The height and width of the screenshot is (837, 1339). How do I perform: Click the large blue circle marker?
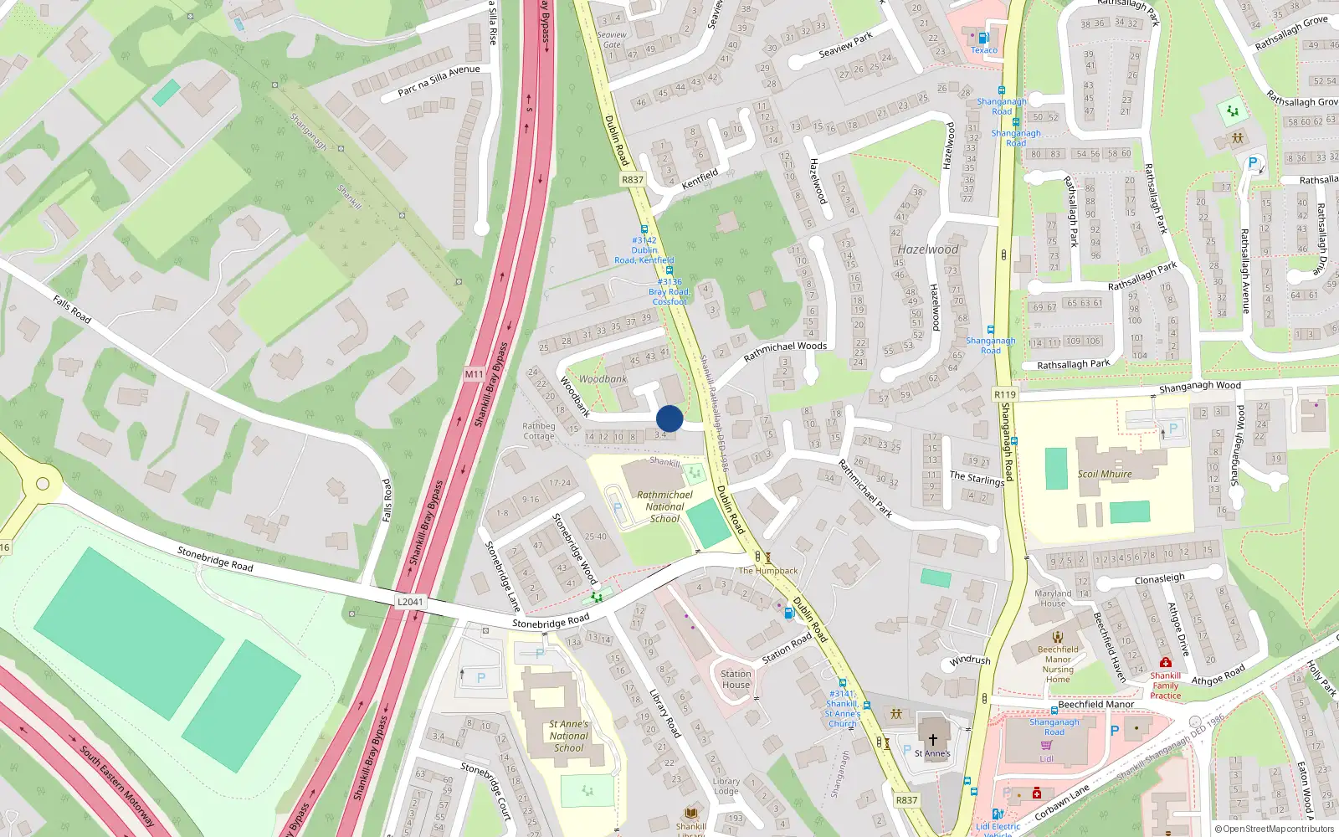pos(669,418)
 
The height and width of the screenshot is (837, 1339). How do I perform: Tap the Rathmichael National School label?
pos(664,506)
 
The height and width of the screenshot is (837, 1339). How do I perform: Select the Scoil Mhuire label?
pos(1105,474)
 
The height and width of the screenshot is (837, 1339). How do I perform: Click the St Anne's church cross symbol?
pos(932,740)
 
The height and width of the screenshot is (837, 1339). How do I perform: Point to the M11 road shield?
pos(475,374)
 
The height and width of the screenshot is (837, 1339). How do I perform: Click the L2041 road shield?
pos(410,602)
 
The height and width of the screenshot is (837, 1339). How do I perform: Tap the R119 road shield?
pos(1005,394)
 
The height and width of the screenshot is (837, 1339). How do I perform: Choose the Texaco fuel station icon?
pos(983,38)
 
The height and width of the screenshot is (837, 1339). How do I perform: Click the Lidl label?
pos(1047,759)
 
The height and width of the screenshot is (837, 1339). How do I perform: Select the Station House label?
pos(736,679)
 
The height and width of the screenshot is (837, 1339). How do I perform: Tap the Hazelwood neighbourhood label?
pos(928,249)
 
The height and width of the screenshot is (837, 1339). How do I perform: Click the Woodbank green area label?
pos(603,379)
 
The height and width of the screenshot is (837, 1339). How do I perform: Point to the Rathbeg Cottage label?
pos(539,431)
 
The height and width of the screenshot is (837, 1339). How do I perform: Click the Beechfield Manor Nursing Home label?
pos(1058,664)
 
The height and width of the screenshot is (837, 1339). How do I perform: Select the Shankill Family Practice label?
pos(1165,686)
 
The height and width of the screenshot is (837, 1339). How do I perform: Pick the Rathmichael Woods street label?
pos(785,351)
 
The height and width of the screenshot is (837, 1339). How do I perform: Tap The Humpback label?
pos(767,571)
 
